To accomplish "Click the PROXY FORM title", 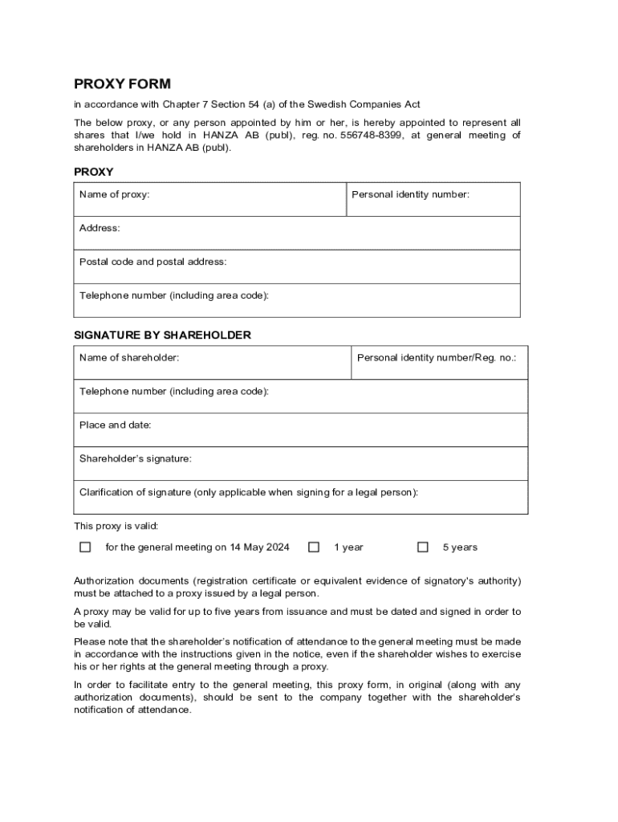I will (x=122, y=84).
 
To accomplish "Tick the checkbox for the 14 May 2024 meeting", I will (x=85, y=547).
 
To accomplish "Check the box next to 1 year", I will (x=314, y=547).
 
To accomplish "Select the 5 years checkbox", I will (x=422, y=547).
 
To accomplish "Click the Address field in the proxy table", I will (x=297, y=234).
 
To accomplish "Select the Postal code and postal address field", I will (x=297, y=267).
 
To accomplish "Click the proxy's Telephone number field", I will (x=297, y=301).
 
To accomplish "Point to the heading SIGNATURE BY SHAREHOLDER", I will (x=162, y=335).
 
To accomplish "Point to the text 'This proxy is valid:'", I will (x=116, y=526).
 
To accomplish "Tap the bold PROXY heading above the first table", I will (x=94, y=172).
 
